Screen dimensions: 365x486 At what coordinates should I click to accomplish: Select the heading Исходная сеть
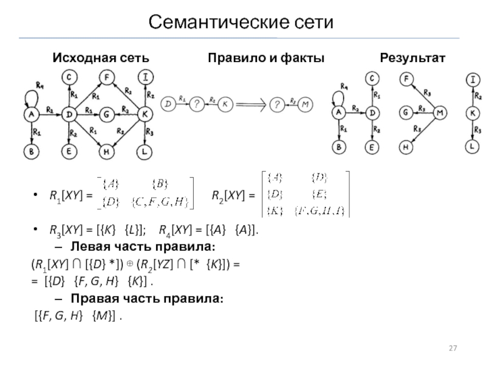coord(100,58)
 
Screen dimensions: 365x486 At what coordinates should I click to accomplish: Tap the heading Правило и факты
coord(266,58)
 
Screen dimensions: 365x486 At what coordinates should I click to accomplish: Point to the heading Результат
coord(412,58)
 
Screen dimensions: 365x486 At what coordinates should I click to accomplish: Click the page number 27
coord(452,348)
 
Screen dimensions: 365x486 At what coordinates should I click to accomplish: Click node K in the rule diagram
coord(225,104)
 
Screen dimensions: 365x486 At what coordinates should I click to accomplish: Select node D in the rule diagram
coord(168,104)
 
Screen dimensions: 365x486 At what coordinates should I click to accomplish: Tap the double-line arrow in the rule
coord(252,105)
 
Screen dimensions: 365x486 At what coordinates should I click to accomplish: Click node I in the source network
coord(146,77)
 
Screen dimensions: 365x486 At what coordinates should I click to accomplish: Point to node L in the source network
coord(146,151)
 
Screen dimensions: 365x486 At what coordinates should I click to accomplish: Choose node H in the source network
coord(106,151)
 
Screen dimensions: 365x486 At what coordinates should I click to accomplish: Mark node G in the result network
coord(405,113)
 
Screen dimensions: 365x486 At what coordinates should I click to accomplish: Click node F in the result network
coord(406,78)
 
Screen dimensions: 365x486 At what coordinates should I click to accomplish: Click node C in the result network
coord(372,78)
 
